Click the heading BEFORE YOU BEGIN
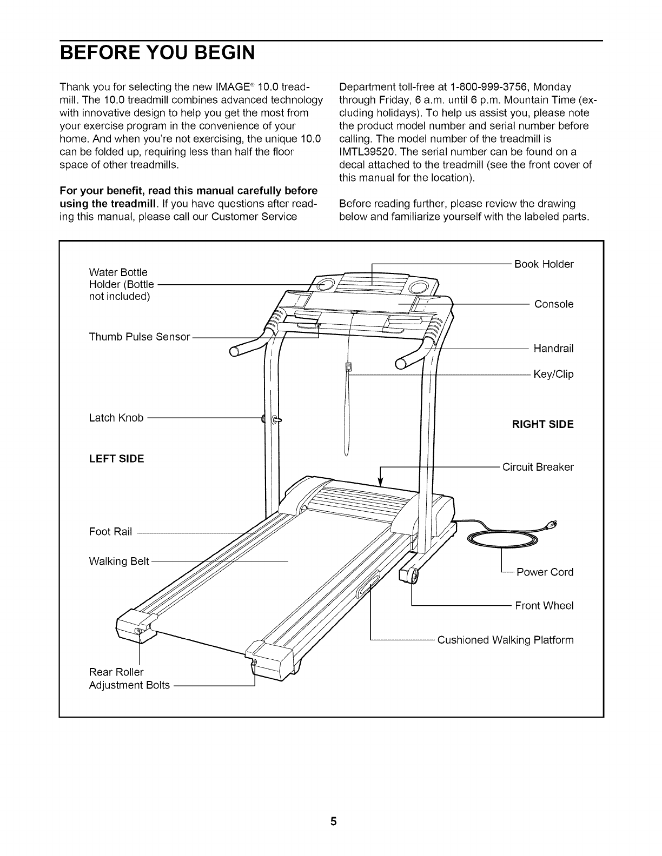click(157, 54)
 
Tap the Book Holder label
click(544, 264)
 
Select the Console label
click(554, 304)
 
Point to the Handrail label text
click(553, 349)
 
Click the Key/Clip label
click(553, 374)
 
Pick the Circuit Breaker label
click(538, 467)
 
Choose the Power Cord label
click(545, 572)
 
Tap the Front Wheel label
click(544, 606)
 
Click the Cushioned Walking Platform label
click(505, 640)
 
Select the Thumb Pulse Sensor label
click(140, 337)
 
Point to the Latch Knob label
click(116, 418)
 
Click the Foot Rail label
click(110, 532)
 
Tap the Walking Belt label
click(119, 561)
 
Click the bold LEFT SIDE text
click(116, 459)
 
